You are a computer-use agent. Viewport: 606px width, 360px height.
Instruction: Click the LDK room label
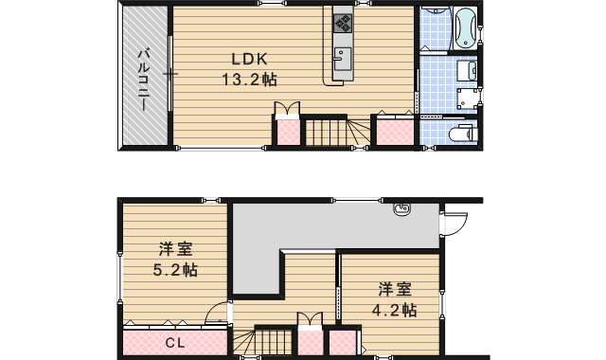tap(241, 56)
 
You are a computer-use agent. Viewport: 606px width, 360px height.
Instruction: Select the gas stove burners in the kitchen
tap(341, 20)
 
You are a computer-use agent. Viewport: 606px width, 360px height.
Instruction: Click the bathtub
tap(466, 28)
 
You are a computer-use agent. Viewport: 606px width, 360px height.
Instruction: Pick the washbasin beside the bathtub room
tap(466, 70)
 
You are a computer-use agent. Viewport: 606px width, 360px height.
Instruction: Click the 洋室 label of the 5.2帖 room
tap(176, 250)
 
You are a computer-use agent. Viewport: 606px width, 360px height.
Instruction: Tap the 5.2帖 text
tap(176, 270)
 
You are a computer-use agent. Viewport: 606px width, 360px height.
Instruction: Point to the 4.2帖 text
tap(395, 308)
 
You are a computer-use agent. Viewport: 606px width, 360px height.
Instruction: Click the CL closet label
tap(175, 343)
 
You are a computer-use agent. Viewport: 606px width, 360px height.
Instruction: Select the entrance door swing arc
tap(454, 225)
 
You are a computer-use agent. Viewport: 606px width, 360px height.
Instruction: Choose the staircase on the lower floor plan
tap(270, 342)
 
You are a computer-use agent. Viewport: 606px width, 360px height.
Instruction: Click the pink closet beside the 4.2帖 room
tap(340, 343)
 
